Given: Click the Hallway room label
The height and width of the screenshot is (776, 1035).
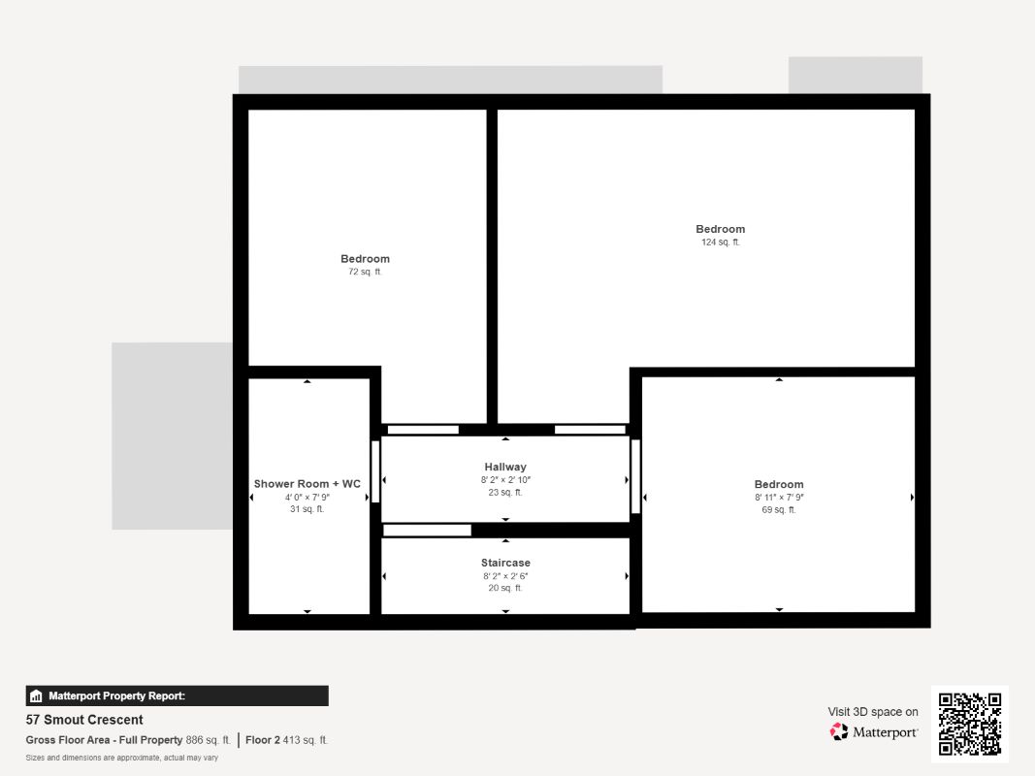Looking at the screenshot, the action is pos(505,467).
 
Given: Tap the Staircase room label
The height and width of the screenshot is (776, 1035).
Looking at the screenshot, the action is pos(505,563).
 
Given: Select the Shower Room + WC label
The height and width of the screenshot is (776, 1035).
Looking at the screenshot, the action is pos(307,484).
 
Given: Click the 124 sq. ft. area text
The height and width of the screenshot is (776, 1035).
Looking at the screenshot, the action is pos(720,242).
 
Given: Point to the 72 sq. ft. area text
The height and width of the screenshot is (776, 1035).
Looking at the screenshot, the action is pos(365,272).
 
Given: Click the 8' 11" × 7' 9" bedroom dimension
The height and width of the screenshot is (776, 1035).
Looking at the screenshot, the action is pos(779,497).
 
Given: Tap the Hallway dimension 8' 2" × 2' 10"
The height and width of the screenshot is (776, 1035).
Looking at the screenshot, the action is pos(505,480).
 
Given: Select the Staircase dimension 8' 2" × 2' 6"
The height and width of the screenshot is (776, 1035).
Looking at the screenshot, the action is pos(505,576).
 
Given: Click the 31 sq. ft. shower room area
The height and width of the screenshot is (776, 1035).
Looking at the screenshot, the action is pos(307,509).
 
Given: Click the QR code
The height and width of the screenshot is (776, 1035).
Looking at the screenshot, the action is pos(970,724).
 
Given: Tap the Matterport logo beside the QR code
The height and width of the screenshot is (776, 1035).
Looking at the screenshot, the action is pos(839,731).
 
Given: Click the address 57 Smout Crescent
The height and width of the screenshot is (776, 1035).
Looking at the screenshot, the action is pos(84,720).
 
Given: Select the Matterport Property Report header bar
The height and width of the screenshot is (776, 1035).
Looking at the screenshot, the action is pos(177,695).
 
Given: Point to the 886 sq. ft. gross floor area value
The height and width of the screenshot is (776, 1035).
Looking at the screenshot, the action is pos(208,740).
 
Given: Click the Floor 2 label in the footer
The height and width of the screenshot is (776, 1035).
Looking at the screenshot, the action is pos(263,740).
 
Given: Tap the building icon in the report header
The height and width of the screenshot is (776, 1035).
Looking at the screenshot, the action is pos(36,695).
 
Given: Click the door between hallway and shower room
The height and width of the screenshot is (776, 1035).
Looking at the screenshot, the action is pos(375,471).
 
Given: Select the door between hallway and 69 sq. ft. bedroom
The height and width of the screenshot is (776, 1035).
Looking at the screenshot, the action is pos(635,475).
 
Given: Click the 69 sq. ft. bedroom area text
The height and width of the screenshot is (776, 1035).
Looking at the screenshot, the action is pos(779,510).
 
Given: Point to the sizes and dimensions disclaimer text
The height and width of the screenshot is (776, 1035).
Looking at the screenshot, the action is pos(121,758).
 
